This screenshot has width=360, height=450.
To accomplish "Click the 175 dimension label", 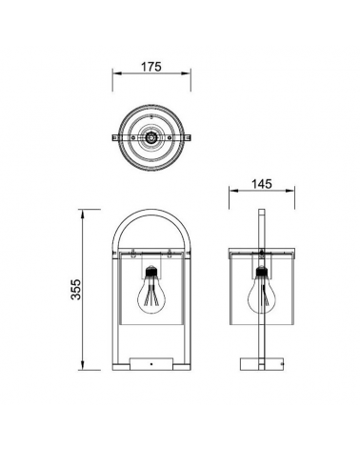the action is click(151, 67).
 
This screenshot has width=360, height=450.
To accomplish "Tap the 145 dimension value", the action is click(262, 184).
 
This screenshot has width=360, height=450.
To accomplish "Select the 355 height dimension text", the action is click(76, 290).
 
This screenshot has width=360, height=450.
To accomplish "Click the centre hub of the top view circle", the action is click(151, 137).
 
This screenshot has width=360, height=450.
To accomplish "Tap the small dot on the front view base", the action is click(151, 363).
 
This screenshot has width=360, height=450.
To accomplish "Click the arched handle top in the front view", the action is click(151, 211).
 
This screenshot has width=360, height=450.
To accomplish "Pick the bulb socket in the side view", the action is click(262, 271).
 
